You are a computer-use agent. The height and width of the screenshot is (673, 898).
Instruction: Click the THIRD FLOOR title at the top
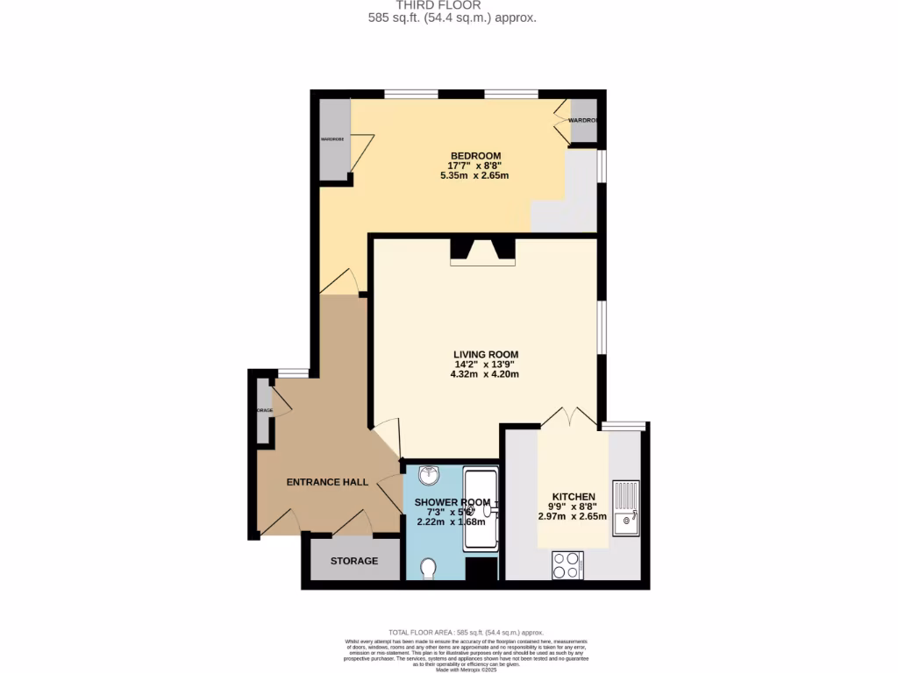[x=451, y=5]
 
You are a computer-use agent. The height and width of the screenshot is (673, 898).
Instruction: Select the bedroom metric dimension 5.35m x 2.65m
[x=474, y=176]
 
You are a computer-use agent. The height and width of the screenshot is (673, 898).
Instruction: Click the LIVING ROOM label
[x=486, y=355]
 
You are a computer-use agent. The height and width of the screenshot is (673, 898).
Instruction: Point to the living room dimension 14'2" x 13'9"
[x=484, y=365]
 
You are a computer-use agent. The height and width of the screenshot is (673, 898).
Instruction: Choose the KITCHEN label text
[x=574, y=497]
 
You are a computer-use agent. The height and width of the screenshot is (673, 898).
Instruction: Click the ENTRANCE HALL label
[x=327, y=482]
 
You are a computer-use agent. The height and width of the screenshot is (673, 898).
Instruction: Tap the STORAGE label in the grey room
[x=354, y=561]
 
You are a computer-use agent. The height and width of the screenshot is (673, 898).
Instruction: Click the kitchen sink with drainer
[x=626, y=507]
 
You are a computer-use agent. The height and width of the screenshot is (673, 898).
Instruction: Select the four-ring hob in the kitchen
[x=567, y=564]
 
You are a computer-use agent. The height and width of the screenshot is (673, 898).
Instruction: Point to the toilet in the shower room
[x=429, y=570]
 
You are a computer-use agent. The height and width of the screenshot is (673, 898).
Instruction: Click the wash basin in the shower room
[x=429, y=476]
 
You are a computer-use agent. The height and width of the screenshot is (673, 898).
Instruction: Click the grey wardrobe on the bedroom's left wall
[x=332, y=140]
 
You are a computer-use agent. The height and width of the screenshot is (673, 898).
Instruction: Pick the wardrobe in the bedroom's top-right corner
[x=583, y=122]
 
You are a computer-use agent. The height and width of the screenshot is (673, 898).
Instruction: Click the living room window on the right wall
[x=601, y=328]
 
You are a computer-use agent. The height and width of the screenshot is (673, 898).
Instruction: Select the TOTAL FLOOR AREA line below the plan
[x=466, y=633]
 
